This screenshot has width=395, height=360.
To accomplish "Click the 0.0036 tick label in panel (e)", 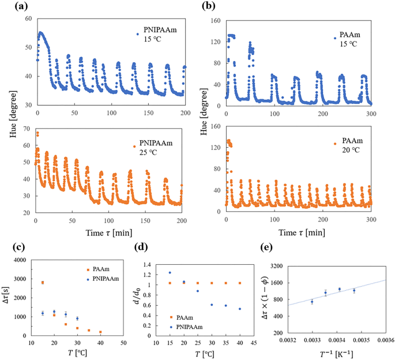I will click(383, 340).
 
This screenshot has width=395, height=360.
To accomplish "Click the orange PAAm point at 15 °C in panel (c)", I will click(43, 283).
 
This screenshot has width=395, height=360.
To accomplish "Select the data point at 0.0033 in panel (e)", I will click(312, 302).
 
